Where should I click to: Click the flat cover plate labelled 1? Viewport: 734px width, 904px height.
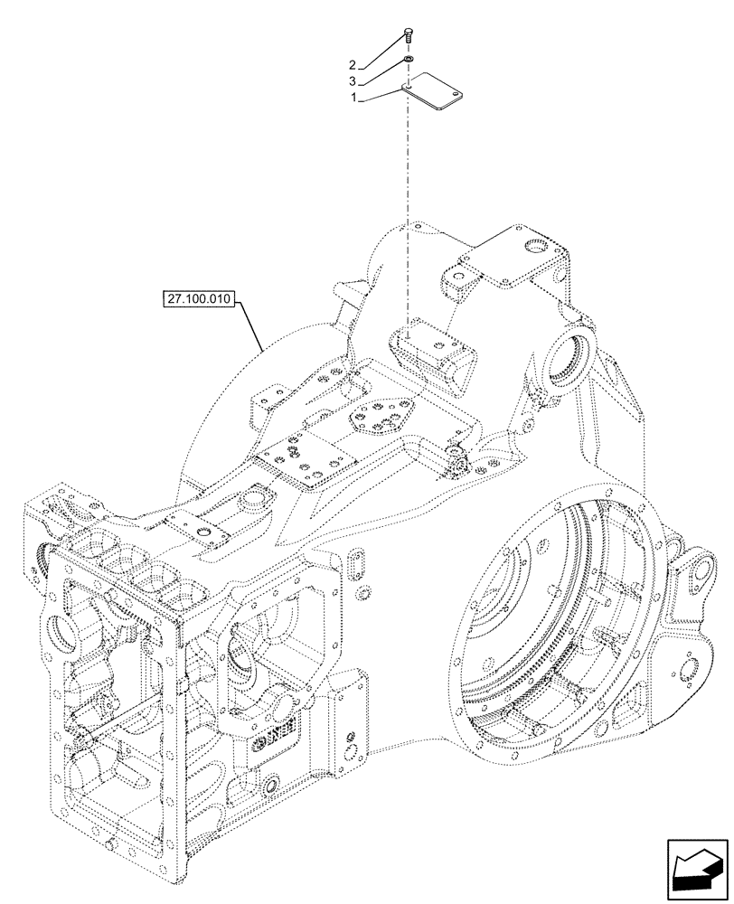point(432,92)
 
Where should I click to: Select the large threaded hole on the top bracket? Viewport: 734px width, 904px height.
point(540,247)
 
